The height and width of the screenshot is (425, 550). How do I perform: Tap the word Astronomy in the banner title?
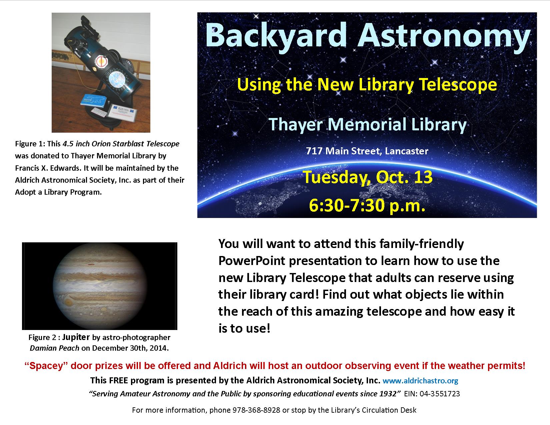point(444,36)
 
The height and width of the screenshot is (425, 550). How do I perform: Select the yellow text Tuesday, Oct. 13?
point(368,177)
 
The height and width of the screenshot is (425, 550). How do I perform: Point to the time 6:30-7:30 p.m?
point(367,205)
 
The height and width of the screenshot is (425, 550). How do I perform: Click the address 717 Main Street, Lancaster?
point(367,151)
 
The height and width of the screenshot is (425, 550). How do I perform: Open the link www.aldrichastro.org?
point(420,381)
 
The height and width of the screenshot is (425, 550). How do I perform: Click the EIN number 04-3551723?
point(440,394)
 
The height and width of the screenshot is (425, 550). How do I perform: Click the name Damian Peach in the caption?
point(54,348)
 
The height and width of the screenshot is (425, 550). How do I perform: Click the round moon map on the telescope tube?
point(117,79)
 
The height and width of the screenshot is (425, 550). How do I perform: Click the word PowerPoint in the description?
point(252,261)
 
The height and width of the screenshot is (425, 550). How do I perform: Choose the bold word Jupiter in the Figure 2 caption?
point(76,337)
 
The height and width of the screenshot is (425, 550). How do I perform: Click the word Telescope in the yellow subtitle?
point(458,85)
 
